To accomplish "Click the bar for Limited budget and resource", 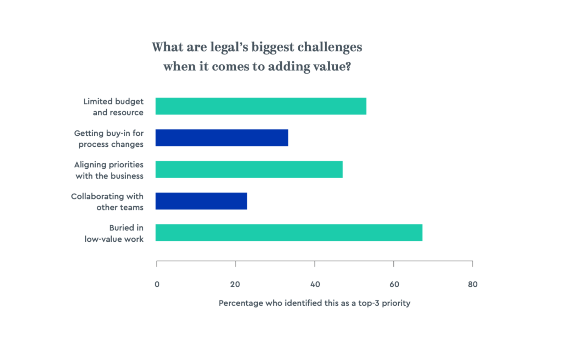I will click(261, 106).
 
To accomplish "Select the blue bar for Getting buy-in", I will click(221, 138).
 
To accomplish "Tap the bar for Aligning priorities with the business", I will click(249, 169).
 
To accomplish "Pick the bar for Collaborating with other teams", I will click(201, 201).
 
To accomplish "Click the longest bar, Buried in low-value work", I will click(289, 233).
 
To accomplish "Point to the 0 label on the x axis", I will click(157, 284).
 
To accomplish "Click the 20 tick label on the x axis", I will click(235, 284).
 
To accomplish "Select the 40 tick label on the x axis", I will click(315, 284).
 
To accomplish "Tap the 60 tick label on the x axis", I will click(394, 284).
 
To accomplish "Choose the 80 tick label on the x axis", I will click(472, 284).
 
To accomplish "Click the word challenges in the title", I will click(330, 47).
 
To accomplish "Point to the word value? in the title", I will click(332, 67).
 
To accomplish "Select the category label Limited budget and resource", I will click(114, 107).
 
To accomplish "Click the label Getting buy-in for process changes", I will click(109, 139).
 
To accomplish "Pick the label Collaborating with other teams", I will click(107, 202).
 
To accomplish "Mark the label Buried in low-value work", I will click(114, 233).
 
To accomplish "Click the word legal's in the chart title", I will click(229, 47).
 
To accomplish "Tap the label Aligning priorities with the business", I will click(109, 170).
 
